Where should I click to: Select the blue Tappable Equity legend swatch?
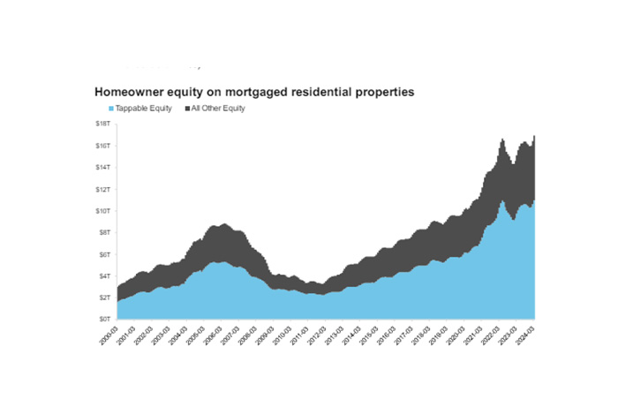pos(110,109)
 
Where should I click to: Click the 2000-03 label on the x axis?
pos(109,335)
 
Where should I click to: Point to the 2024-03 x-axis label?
pos(527,335)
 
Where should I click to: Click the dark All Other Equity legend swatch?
pos(185,109)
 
